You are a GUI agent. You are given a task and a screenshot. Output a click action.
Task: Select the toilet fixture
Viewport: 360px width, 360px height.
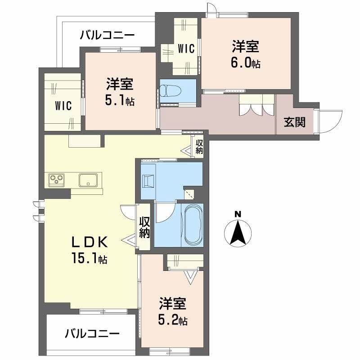(171, 91)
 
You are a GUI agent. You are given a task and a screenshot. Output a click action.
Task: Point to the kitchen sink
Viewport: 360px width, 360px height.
(89, 180)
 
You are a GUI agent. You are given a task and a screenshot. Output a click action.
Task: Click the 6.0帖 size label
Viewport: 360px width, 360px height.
(245, 63)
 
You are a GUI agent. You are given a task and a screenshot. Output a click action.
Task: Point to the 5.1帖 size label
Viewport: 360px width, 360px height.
(120, 101)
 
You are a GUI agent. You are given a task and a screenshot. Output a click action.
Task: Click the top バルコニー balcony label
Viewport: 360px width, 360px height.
(107, 35)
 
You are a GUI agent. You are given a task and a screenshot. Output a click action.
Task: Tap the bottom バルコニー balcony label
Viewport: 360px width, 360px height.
(92, 333)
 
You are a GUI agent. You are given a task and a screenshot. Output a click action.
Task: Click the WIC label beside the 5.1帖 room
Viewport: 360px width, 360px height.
(63, 106)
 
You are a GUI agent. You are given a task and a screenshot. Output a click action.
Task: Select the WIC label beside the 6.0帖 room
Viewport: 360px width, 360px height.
(186, 49)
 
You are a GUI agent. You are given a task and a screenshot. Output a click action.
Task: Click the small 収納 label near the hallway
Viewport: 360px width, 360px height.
(198, 147)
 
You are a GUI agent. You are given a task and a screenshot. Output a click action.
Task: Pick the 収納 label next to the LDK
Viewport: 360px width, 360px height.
(144, 227)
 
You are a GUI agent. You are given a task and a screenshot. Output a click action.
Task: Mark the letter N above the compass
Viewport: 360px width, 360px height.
(238, 213)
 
